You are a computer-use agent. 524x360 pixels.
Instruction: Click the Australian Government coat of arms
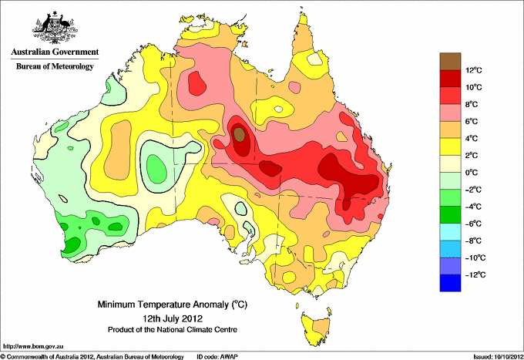pyautogui.click(x=55, y=28)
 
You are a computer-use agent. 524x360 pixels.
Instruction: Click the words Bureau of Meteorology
pyautogui.click(x=55, y=66)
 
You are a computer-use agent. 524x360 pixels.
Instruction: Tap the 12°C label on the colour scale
pyautogui.click(x=474, y=70)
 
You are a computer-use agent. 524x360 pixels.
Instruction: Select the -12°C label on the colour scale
pyautogui.click(x=472, y=274)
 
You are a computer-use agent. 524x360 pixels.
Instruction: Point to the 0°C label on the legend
pyautogui.click(x=472, y=173)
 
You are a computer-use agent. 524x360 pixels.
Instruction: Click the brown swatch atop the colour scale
pyautogui.click(x=450, y=61)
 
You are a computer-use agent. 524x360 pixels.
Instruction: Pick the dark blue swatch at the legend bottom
pyautogui.click(x=450, y=283)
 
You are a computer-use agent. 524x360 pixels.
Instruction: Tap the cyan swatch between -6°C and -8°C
pyautogui.click(x=450, y=231)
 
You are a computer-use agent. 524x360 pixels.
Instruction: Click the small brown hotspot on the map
pyautogui.click(x=239, y=134)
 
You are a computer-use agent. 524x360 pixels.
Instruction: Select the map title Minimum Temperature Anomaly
pyautogui.click(x=172, y=304)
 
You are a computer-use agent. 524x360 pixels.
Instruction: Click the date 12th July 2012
pyautogui.click(x=173, y=318)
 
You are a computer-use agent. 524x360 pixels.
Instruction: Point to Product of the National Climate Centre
pyautogui.click(x=173, y=330)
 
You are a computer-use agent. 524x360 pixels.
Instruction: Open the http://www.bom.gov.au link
pyautogui.click(x=33, y=347)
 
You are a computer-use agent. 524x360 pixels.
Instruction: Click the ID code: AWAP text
pyautogui.click(x=217, y=357)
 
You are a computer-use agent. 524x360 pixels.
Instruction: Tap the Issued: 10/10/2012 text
pyautogui.click(x=499, y=357)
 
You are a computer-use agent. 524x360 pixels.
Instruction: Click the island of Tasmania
pyautogui.click(x=316, y=328)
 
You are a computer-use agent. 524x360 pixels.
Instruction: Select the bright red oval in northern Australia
pyautogui.click(x=197, y=83)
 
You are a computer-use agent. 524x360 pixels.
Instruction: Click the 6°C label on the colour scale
pyautogui.click(x=472, y=121)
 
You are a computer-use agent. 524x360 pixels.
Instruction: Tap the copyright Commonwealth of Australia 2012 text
pyautogui.click(x=92, y=357)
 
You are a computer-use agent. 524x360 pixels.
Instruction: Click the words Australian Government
pyautogui.click(x=55, y=52)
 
